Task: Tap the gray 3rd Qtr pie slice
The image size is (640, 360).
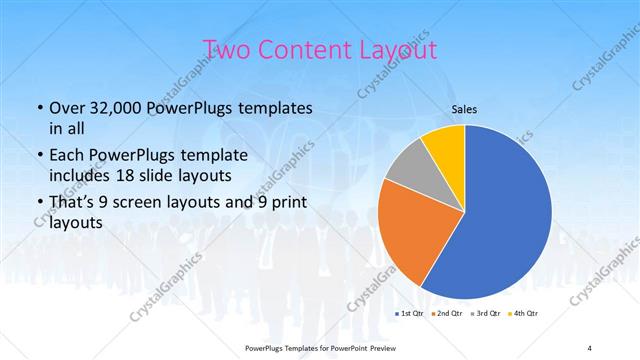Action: pyautogui.click(x=410, y=171)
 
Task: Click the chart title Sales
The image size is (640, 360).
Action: pyautogui.click(x=465, y=109)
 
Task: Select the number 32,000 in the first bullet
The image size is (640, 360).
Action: pyautogui.click(x=124, y=108)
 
